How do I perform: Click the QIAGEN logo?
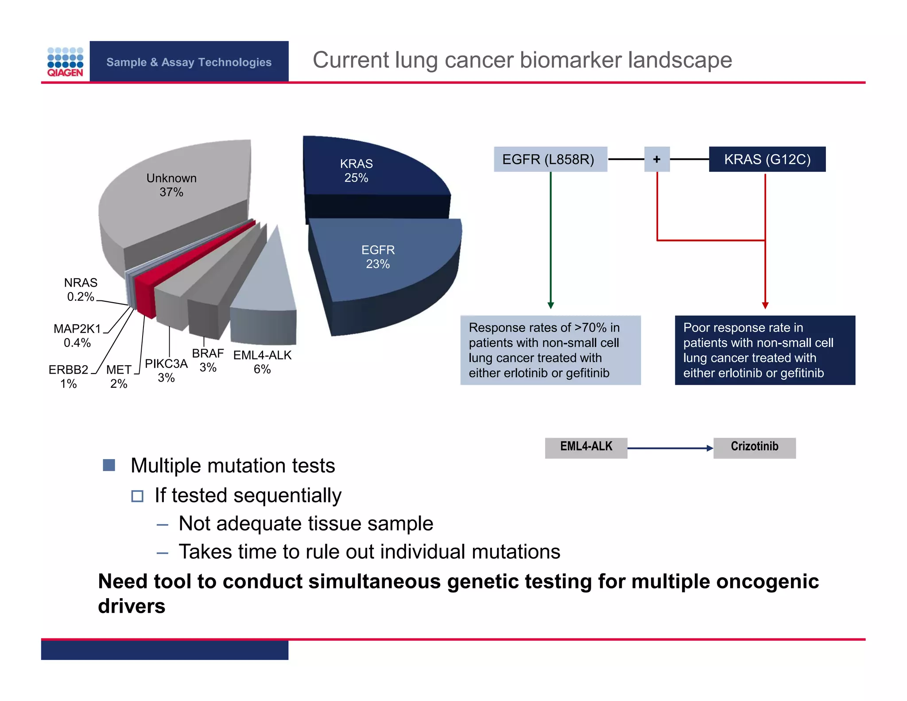coord(65,62)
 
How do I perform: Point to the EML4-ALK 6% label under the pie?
coord(262,362)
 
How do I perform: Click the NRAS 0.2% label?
coord(81,289)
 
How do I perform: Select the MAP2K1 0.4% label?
coord(78,335)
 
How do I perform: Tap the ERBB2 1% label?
coord(69,376)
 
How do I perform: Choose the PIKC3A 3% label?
coord(166,370)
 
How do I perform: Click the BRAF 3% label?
coord(208,360)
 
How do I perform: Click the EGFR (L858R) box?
coord(550,159)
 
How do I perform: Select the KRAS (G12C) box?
coord(767,159)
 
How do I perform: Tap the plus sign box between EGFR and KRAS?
coord(657,159)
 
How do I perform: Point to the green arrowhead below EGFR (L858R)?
coord(550,305)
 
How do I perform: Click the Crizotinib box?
coord(754,448)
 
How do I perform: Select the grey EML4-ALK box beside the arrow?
coord(586,448)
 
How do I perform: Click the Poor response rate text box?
coord(765,350)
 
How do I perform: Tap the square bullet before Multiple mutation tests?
coord(109,465)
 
